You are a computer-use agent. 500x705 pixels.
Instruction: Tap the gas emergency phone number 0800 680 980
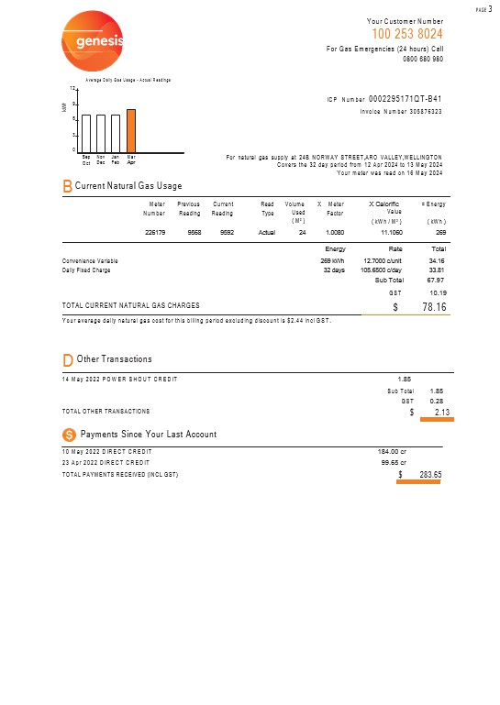(423, 59)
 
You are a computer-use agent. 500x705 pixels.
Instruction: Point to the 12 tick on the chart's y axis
(72, 88)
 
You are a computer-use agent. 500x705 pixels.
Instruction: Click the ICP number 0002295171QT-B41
(405, 98)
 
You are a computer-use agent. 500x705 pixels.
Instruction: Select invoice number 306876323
(420, 111)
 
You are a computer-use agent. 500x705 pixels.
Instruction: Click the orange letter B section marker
(67, 186)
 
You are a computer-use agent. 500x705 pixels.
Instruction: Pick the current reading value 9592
(220, 233)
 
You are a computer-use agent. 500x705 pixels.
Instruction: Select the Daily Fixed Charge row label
(85, 270)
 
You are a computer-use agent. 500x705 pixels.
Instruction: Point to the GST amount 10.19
(436, 292)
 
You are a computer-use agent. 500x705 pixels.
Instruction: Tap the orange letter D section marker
(67, 358)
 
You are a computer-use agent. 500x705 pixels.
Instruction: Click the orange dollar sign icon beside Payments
(68, 433)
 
